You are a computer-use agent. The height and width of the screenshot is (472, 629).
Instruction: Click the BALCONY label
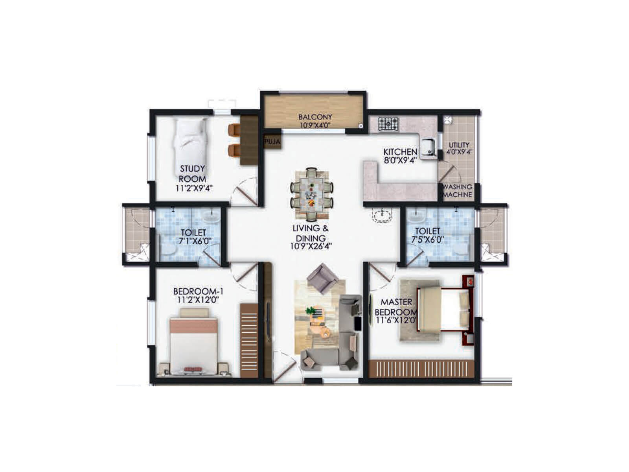(315, 117)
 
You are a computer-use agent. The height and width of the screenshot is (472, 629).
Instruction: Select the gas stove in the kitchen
(388, 124)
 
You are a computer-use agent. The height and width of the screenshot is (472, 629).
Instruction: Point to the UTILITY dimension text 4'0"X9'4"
(459, 151)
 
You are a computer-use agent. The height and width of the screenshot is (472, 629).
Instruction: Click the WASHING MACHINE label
(457, 191)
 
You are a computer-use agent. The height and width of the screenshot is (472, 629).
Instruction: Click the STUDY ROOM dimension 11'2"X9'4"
(194, 188)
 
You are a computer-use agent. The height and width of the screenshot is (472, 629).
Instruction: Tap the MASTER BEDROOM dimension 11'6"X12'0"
(396, 320)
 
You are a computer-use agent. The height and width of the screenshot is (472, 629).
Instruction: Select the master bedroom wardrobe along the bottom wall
(421, 369)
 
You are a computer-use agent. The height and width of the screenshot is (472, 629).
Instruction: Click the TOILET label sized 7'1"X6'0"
(193, 233)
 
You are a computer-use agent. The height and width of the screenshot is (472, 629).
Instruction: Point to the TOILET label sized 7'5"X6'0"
(427, 231)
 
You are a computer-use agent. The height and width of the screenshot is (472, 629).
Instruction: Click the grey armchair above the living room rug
(322, 278)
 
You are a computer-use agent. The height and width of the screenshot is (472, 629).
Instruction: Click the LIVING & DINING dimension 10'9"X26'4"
(311, 247)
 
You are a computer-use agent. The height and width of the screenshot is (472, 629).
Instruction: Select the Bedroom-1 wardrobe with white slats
(249, 340)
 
